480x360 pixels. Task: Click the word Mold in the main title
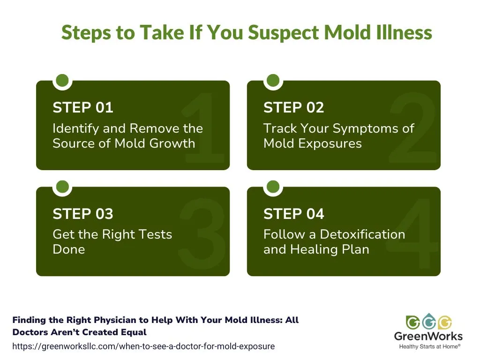pos(347,32)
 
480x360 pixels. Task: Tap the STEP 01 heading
pos(83,108)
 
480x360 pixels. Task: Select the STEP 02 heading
pos(294,108)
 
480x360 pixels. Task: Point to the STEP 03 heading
pos(83,214)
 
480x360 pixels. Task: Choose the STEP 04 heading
pos(294,214)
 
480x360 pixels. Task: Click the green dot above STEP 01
pos(62,80)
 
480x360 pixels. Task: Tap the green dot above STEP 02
pos(273,80)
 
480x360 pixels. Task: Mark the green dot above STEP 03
pos(62,187)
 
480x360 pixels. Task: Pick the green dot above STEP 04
pos(273,187)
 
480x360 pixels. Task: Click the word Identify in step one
pos(75,129)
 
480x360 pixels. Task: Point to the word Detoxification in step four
pos(362,234)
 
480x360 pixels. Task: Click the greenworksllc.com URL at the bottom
pos(143,346)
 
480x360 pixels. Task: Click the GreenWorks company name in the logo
pos(428,336)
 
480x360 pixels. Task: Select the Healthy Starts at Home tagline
pos(429,346)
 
